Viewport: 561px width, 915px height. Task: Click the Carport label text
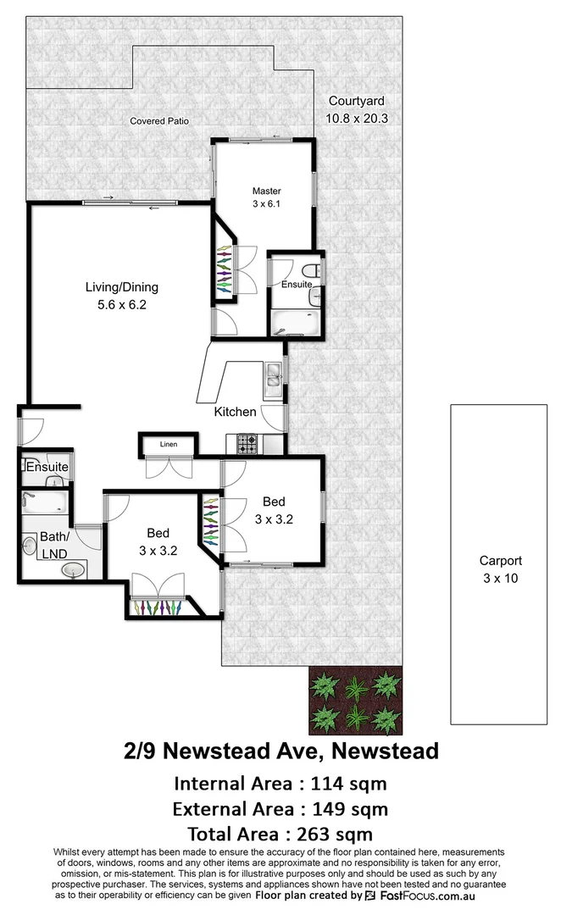[x=500, y=561]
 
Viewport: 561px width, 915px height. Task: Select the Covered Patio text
[x=159, y=121]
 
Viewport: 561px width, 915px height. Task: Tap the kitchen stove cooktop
[x=247, y=441]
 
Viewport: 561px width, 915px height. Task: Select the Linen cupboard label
[x=168, y=443]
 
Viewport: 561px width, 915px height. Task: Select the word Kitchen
[x=235, y=412]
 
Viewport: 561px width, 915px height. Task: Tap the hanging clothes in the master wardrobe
[x=224, y=271]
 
